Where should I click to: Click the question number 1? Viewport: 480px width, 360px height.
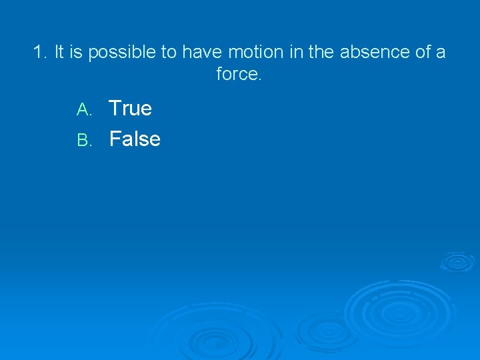(39, 52)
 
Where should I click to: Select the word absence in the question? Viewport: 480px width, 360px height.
(371, 52)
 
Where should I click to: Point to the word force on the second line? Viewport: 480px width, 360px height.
(239, 74)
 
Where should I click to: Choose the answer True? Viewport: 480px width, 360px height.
(130, 108)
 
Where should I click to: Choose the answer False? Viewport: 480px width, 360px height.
(135, 139)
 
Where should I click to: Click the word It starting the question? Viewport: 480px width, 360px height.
(59, 52)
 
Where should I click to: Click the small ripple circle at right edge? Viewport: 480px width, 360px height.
(457, 261)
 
